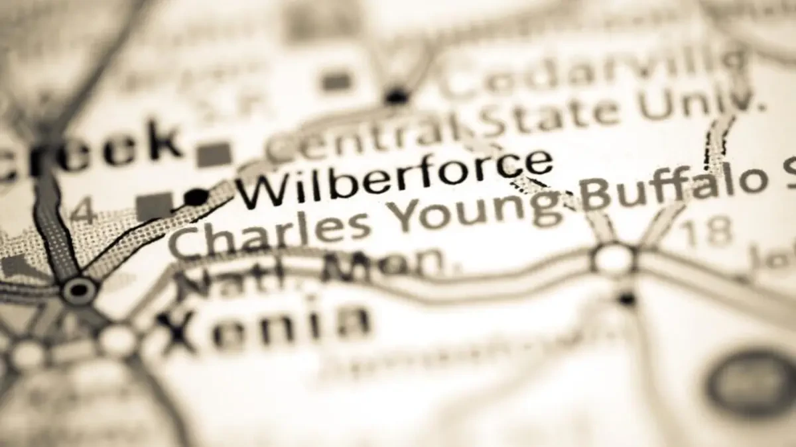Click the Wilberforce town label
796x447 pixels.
[395, 179]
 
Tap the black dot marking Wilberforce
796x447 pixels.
[196, 197]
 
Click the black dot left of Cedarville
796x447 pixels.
[397, 97]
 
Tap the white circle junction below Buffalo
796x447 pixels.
[614, 258]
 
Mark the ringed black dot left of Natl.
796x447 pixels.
[79, 289]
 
